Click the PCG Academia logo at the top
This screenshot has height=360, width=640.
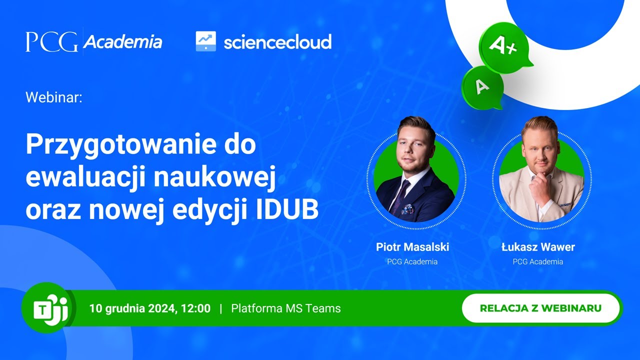[94, 42]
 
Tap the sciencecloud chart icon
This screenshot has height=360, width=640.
[205, 41]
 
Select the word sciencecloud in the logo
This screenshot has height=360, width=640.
[277, 42]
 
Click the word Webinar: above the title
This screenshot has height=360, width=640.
[53, 97]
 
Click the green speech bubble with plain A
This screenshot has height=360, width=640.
[482, 87]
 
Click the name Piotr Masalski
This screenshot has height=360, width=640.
[412, 247]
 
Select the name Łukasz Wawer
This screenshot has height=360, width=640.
[538, 247]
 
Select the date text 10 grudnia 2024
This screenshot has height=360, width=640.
[131, 308]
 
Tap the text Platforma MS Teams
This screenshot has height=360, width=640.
[286, 308]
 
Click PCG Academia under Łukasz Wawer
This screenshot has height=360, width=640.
[538, 261]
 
